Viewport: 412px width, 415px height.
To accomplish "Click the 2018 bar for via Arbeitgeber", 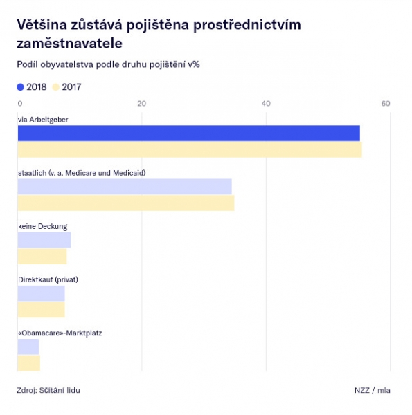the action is point(189,133).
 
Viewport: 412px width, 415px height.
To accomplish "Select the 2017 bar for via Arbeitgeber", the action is point(190,150).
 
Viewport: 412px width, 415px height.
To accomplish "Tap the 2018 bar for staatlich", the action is point(125,187).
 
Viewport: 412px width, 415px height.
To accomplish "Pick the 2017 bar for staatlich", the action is point(126,203).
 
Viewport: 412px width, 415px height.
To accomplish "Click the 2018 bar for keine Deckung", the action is point(44,240).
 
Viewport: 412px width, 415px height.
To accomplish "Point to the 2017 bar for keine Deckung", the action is point(42,257).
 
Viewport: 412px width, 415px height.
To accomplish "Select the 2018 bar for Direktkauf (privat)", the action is point(42,293).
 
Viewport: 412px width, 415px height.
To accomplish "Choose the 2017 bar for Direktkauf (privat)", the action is point(42,310).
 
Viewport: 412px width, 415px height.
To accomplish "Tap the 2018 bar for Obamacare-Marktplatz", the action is point(28,347).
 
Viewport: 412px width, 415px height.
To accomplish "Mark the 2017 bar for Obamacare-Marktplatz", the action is point(29,363).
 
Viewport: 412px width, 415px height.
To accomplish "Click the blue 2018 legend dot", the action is point(20,87).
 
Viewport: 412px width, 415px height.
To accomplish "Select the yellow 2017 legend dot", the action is point(55,87).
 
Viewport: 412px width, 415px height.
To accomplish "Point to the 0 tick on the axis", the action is point(20,104).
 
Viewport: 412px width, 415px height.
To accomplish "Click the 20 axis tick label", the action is point(142,104).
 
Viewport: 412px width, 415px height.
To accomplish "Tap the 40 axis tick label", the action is point(266,104).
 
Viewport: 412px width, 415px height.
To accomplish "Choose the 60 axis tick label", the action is point(386,104).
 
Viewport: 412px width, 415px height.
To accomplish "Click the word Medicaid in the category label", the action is point(129,173).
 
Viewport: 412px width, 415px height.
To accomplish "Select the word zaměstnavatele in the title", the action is point(69,44).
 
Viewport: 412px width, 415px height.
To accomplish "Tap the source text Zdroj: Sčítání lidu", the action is point(48,390).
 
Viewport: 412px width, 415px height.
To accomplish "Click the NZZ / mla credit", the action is point(373,390).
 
